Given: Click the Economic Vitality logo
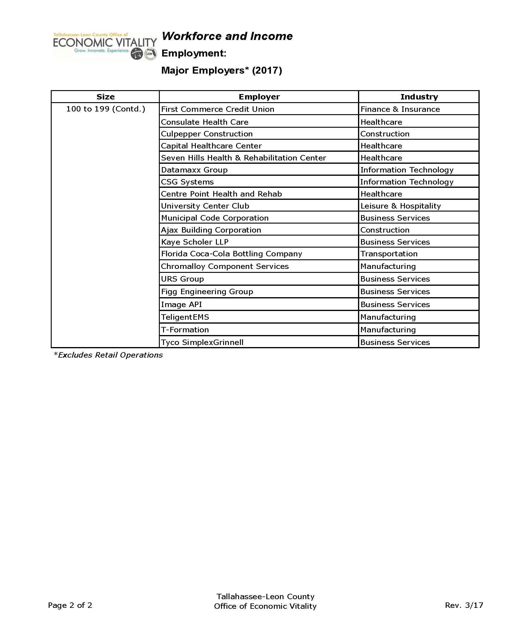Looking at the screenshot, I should tap(105, 46).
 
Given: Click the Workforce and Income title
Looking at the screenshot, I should tap(227, 36).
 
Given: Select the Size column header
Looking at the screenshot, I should tap(105, 97).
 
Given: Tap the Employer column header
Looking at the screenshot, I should tap(259, 97).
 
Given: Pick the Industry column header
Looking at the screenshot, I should tap(419, 97).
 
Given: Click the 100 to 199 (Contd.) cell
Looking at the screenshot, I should tap(105, 109).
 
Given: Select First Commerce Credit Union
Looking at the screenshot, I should tap(218, 109).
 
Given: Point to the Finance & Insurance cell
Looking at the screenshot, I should tap(400, 109).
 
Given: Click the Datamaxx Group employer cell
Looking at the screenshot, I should tap(194, 170).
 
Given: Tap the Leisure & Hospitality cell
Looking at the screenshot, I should tap(400, 206).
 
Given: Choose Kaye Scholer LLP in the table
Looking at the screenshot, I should tap(195, 242).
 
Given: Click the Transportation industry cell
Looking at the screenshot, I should tap(389, 254).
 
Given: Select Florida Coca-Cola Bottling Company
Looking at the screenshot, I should tap(232, 254).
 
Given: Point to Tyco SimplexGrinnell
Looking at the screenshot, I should tap(202, 343).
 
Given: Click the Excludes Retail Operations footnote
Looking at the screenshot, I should tap(108, 355).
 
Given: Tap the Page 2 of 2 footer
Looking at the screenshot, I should tap(70, 605).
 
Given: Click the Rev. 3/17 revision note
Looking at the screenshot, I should tap(464, 605).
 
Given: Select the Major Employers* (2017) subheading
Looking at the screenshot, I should tap(222, 71).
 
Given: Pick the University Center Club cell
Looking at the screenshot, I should tap(205, 206).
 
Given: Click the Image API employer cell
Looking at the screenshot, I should tap(181, 304).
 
